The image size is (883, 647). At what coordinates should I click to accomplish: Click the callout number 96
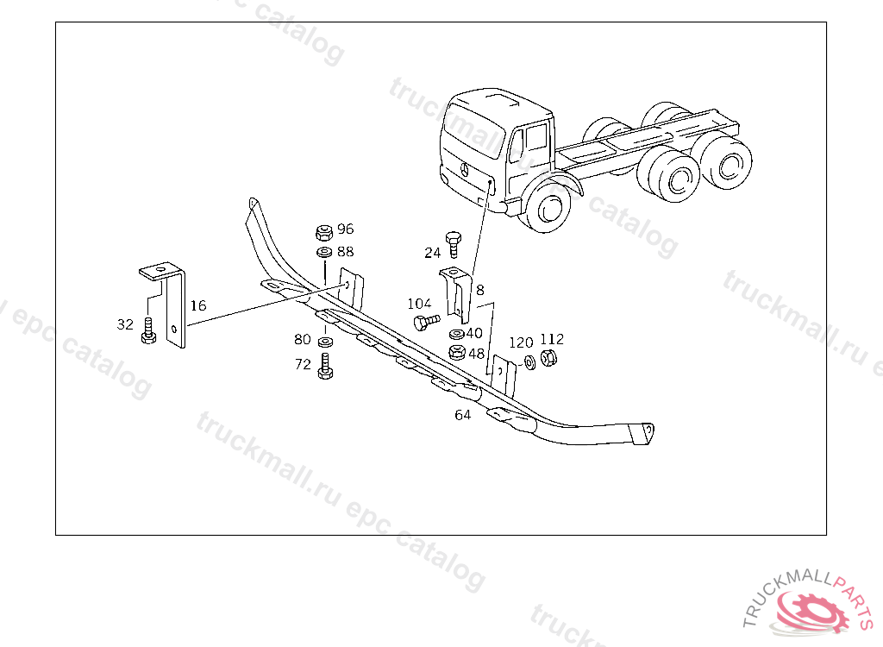click(345, 229)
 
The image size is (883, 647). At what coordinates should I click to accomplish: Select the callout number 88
click(345, 251)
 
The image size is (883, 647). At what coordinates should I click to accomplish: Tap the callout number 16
click(198, 305)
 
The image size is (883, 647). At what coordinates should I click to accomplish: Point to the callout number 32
click(125, 324)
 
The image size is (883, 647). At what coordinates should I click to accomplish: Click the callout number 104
click(420, 305)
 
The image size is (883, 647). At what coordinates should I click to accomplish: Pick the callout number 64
click(462, 415)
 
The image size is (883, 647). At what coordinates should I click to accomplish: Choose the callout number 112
click(552, 339)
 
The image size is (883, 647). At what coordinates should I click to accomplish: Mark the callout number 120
click(521, 342)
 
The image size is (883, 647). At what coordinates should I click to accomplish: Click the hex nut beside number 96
click(324, 232)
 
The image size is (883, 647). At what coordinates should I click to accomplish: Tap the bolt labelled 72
click(325, 366)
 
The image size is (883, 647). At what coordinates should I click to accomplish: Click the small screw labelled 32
click(148, 330)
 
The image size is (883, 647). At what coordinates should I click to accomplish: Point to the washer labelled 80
click(325, 342)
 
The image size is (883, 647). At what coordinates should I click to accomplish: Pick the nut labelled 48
click(457, 353)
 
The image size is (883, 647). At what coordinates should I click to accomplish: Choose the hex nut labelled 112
click(548, 357)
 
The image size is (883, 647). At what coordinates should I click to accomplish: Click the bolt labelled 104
click(427, 322)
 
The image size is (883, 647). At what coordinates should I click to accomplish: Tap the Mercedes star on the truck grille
click(465, 170)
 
